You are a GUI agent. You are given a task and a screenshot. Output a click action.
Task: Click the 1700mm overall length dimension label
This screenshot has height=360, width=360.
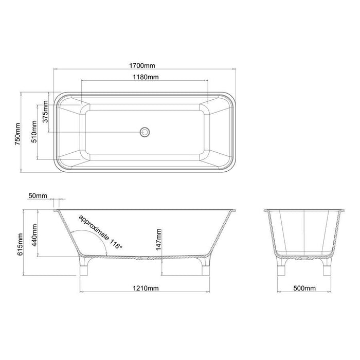coord(142,66)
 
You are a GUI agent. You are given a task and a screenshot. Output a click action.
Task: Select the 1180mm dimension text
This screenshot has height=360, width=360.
coord(146,77)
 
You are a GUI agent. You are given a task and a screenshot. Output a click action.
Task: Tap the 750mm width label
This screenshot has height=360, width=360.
coord(17,134)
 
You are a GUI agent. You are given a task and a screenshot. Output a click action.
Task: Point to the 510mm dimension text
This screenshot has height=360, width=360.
coord(34,132)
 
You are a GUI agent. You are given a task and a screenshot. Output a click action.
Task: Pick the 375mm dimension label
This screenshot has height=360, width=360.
coord(45,112)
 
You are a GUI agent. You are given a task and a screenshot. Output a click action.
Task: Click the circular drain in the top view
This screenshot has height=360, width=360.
coord(145,132)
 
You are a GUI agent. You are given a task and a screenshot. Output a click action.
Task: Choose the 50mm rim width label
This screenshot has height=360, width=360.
coord(38,196)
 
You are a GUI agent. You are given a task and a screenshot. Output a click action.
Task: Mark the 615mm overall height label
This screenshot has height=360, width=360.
coord(20,244)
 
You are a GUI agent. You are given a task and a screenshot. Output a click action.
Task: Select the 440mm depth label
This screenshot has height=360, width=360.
coord(34,235)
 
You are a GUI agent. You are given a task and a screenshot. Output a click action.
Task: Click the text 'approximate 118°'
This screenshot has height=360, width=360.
coord(101,232)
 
